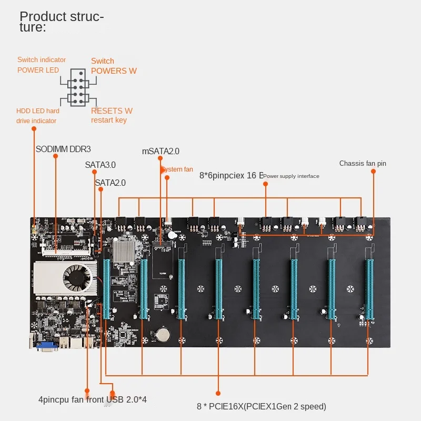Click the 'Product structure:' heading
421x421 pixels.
point(62,22)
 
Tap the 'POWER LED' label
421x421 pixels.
point(38,70)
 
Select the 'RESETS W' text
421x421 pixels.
point(112,111)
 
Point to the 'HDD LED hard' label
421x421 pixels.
point(38,111)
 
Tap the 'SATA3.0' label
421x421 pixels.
point(100,165)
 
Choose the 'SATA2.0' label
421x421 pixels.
point(110,183)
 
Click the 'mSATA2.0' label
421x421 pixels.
point(161,151)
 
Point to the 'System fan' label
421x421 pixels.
point(177,169)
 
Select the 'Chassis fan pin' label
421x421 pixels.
point(363,164)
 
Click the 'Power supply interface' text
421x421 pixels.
point(291,176)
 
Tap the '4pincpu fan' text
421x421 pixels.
point(61,399)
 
